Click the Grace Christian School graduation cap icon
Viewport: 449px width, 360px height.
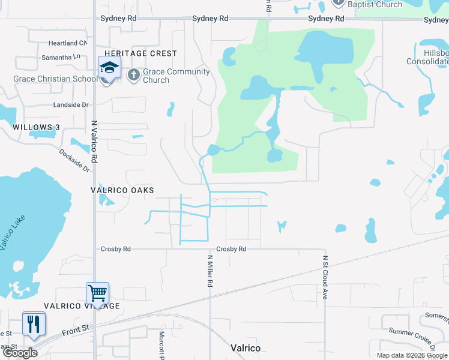109,68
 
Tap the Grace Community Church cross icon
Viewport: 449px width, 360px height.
133,75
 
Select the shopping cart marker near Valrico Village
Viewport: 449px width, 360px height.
97,294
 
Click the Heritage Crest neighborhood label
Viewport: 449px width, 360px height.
141,53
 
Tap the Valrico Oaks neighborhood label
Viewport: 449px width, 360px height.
122,190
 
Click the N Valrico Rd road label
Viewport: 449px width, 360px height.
94,142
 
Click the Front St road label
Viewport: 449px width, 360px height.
76,328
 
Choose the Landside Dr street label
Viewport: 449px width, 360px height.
71,105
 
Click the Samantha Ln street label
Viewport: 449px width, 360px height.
60,56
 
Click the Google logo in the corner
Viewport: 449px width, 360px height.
20,353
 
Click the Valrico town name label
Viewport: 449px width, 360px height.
246,348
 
